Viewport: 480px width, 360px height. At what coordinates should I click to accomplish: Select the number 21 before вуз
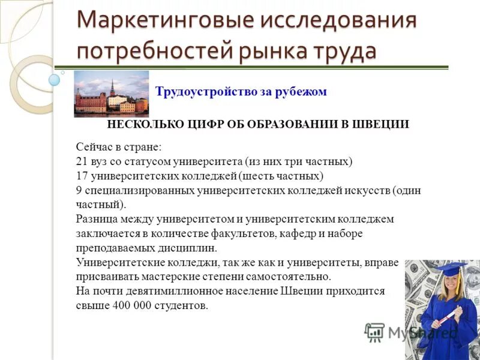click(x=82, y=161)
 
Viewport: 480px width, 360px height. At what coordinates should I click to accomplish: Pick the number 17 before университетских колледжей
click(x=82, y=176)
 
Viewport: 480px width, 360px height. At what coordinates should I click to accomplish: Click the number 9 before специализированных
click(x=79, y=190)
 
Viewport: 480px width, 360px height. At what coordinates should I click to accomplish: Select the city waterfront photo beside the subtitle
click(x=111, y=94)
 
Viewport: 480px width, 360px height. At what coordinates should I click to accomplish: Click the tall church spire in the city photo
click(x=112, y=86)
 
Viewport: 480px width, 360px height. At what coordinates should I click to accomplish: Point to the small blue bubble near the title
click(x=55, y=79)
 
